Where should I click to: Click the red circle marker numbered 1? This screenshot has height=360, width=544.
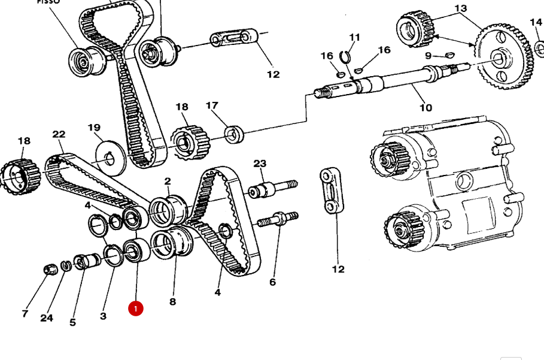[x=135, y=308]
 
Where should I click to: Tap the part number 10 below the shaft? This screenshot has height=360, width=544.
[x=425, y=108]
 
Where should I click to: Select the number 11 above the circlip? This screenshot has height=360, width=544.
[x=355, y=37]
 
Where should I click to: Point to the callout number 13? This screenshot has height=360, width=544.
[x=460, y=8]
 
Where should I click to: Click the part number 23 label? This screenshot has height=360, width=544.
[x=259, y=164]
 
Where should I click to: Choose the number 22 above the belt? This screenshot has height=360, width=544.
[x=59, y=134]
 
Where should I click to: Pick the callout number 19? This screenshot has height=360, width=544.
[x=94, y=128]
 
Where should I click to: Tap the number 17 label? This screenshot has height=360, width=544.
[x=212, y=106]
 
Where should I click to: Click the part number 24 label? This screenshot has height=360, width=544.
[x=47, y=317]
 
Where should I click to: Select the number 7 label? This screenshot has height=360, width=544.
[x=25, y=313]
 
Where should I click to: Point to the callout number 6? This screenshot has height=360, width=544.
[x=272, y=282]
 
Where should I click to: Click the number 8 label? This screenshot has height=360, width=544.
[x=172, y=301]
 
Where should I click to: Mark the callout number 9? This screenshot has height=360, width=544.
[x=428, y=56]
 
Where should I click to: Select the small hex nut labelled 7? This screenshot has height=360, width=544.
[x=50, y=269]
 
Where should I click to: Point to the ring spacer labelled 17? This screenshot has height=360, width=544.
[x=234, y=133]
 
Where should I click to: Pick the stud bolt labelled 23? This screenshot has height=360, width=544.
[x=272, y=188]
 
